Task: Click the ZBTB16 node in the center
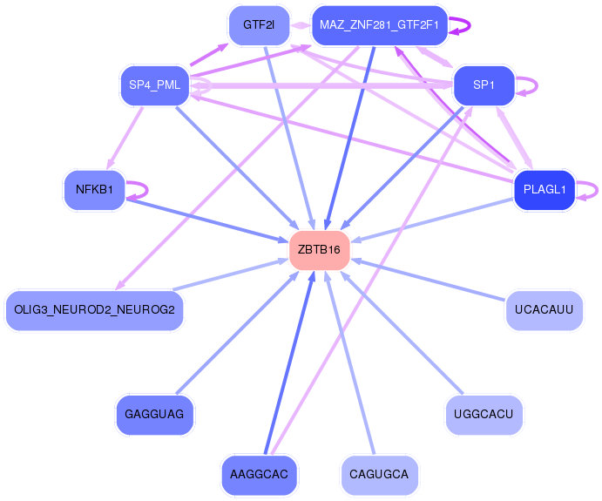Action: (x=320, y=250)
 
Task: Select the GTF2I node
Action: (x=259, y=24)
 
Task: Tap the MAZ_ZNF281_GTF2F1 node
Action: (x=379, y=24)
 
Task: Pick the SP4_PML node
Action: (x=154, y=85)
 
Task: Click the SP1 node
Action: (x=484, y=85)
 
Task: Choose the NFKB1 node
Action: (x=95, y=190)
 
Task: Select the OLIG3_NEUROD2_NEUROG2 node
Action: (x=95, y=309)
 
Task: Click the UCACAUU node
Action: (x=544, y=310)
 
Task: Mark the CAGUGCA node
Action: (x=379, y=475)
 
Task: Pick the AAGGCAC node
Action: (x=260, y=475)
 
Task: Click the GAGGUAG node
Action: (x=154, y=414)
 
